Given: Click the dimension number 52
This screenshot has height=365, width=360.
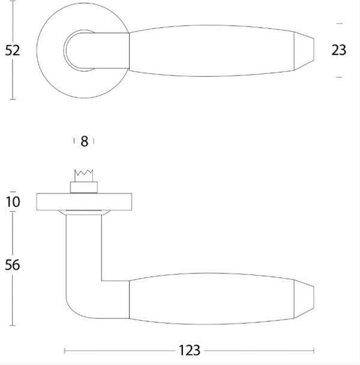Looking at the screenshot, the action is tap(13, 50).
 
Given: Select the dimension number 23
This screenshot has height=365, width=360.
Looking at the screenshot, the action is tap(339, 50).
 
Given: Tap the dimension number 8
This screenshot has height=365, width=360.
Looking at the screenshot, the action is tap(85, 141).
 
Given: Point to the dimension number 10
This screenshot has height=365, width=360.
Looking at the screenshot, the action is tap(13, 201).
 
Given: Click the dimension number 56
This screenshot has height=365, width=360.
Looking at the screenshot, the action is tap(13, 265).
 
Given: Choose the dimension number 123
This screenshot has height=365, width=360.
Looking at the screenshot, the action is tap(190, 351).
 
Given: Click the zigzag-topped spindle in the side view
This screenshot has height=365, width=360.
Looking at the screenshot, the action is tap(83, 176).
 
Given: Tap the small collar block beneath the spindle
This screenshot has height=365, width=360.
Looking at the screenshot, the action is tap(84, 188).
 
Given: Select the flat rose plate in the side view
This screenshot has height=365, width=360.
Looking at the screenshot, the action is tap(84, 201).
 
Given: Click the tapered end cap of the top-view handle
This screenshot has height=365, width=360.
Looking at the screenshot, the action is tap(304, 50).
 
